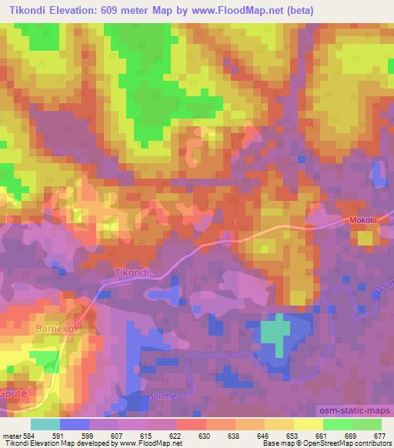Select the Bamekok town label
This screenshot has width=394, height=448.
[x=58, y=328]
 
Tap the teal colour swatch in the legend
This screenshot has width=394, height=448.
[x=45, y=424]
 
